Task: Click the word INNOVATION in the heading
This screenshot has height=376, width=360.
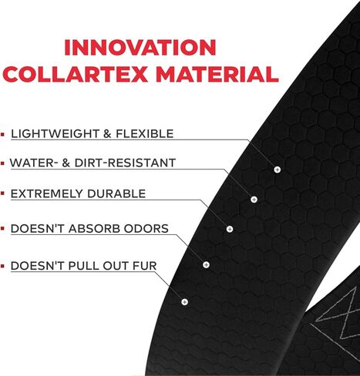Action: [140, 47]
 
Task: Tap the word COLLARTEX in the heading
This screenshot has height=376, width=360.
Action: [75, 74]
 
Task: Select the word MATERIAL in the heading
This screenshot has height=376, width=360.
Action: [217, 74]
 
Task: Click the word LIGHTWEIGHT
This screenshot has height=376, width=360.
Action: [56, 134]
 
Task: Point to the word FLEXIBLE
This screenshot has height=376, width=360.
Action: [145, 134]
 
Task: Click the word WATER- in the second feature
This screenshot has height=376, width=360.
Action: [32, 163]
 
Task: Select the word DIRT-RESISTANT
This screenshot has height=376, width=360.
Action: [125, 163]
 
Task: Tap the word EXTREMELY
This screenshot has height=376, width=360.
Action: [47, 193]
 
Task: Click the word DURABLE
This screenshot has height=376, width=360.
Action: [116, 193]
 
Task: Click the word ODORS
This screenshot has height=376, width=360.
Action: [146, 229]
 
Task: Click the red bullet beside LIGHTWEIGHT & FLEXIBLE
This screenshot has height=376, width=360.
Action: [2, 134]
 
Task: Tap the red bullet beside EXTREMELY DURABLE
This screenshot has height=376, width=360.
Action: [2, 194]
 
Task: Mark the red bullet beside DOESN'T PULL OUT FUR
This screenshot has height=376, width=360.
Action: [2, 266]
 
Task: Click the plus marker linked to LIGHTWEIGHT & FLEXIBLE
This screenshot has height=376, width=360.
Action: [277, 170]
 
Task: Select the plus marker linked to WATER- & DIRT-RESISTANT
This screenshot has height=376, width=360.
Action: [254, 200]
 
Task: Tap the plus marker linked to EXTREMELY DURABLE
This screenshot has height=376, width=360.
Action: [230, 229]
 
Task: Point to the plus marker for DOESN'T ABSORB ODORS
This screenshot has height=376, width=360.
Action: [206, 264]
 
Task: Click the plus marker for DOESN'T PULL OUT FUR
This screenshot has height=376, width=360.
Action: [184, 302]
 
